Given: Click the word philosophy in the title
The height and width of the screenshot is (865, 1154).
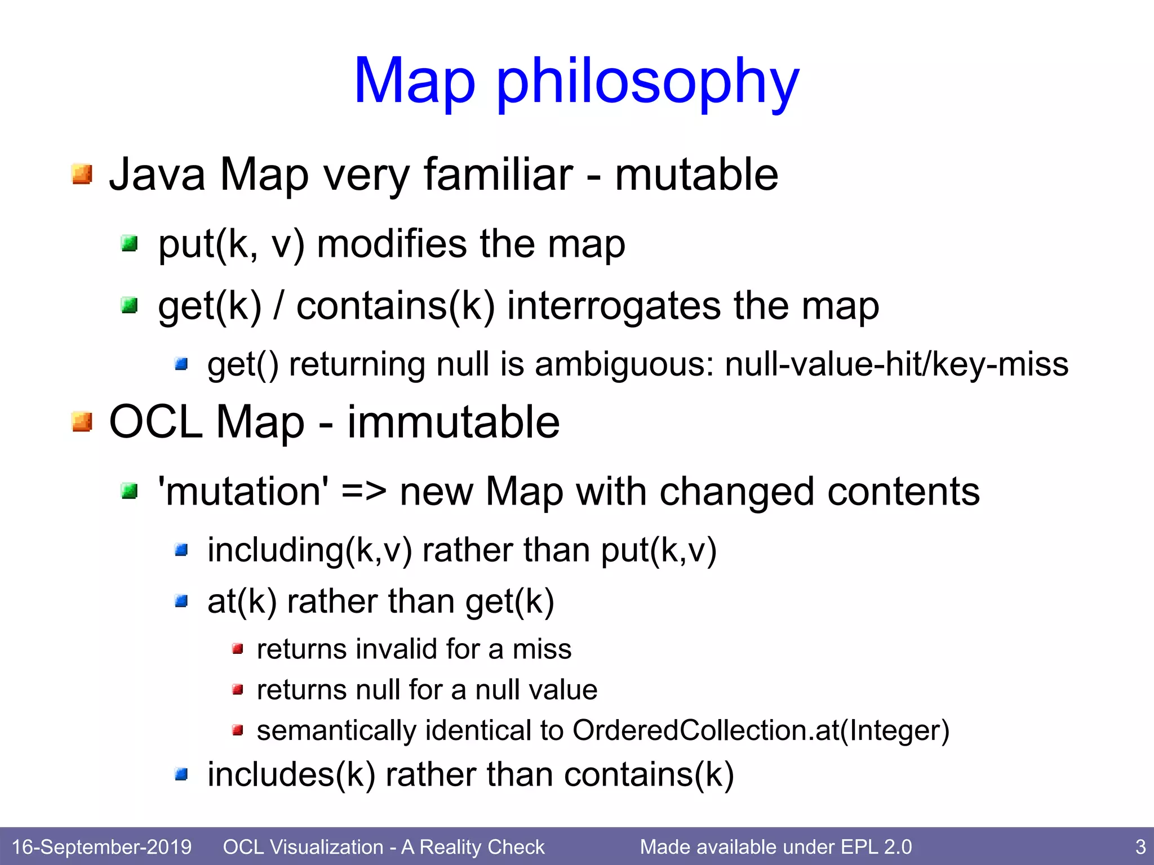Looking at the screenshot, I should click(x=648, y=83).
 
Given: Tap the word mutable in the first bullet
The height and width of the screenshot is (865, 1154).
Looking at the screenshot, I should click(x=696, y=175).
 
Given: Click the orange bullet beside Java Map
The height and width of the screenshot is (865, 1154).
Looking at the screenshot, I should click(x=82, y=174).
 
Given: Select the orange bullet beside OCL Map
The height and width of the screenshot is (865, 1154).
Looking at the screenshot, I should click(x=82, y=421).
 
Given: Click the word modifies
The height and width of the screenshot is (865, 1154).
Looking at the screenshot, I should click(x=392, y=244).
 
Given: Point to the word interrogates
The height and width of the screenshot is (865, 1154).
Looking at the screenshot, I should click(x=614, y=306).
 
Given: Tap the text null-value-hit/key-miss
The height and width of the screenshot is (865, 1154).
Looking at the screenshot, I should click(x=896, y=364).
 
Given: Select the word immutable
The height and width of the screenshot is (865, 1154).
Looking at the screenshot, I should click(x=453, y=422).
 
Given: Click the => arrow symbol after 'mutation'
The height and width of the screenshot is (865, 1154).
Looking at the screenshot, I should click(x=364, y=492).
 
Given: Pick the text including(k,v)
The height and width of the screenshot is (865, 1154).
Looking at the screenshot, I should click(x=309, y=550).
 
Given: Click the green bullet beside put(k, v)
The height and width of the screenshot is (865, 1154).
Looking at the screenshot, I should click(x=130, y=244).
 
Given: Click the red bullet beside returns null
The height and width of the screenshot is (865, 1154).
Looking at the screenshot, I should click(x=238, y=689).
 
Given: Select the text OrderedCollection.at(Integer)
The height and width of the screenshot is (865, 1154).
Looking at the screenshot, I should click(x=761, y=731).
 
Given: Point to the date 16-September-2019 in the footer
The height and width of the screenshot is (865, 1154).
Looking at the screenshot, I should click(x=101, y=847).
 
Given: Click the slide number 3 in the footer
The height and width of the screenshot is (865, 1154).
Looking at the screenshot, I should click(x=1140, y=847).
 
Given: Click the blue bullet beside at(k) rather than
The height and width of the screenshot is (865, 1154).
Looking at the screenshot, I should click(x=181, y=601).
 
